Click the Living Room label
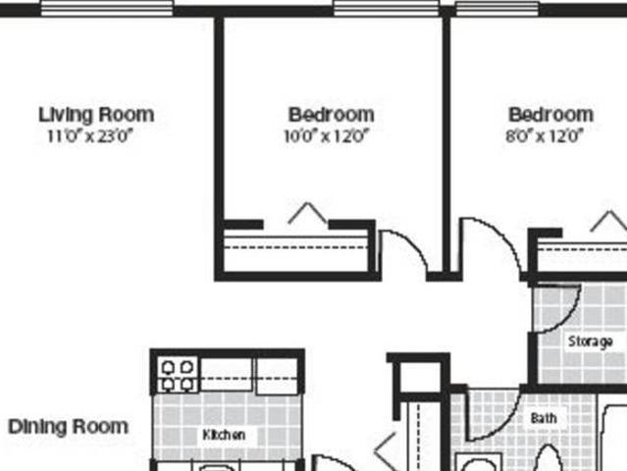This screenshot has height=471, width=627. pos(95,115)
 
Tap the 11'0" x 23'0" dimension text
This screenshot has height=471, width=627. pos(89,136)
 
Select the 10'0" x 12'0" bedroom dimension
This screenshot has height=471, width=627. pos(331,136)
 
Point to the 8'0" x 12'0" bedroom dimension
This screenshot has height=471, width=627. pos(549,136)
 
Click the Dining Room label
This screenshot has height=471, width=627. pos(68,427)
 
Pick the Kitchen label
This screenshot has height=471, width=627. pos(224,435)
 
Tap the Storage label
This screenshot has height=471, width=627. pos(591,341)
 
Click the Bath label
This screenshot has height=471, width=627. pos(544,418)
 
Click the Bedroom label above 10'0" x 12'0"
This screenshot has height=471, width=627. pos(331,115)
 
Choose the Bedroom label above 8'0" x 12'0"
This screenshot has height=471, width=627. pos(550,115)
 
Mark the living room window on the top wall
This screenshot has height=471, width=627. pos(106,8)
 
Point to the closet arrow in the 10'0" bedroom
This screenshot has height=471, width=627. pos(307,213)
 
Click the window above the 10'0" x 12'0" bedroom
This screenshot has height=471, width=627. pos(386,8)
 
